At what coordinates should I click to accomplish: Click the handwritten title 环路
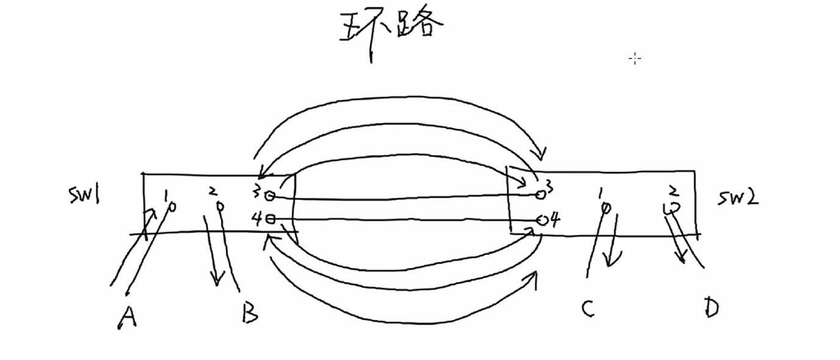pos(390,27)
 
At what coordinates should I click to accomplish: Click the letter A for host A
pos(126,317)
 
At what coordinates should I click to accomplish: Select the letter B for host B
pos(249,312)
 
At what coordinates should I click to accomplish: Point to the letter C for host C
pos(587,309)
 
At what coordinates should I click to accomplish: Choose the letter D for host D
pos(711,308)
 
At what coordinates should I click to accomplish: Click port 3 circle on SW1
pos(270,196)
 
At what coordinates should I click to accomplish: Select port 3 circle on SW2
pos(540,194)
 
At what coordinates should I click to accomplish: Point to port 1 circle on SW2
pos(605,209)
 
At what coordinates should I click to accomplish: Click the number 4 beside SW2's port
pos(555,219)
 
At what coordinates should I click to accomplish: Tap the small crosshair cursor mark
pos(635,59)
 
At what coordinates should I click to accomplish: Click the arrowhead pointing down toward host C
pos(609,261)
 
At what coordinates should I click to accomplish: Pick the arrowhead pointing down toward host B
pos(215,280)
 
